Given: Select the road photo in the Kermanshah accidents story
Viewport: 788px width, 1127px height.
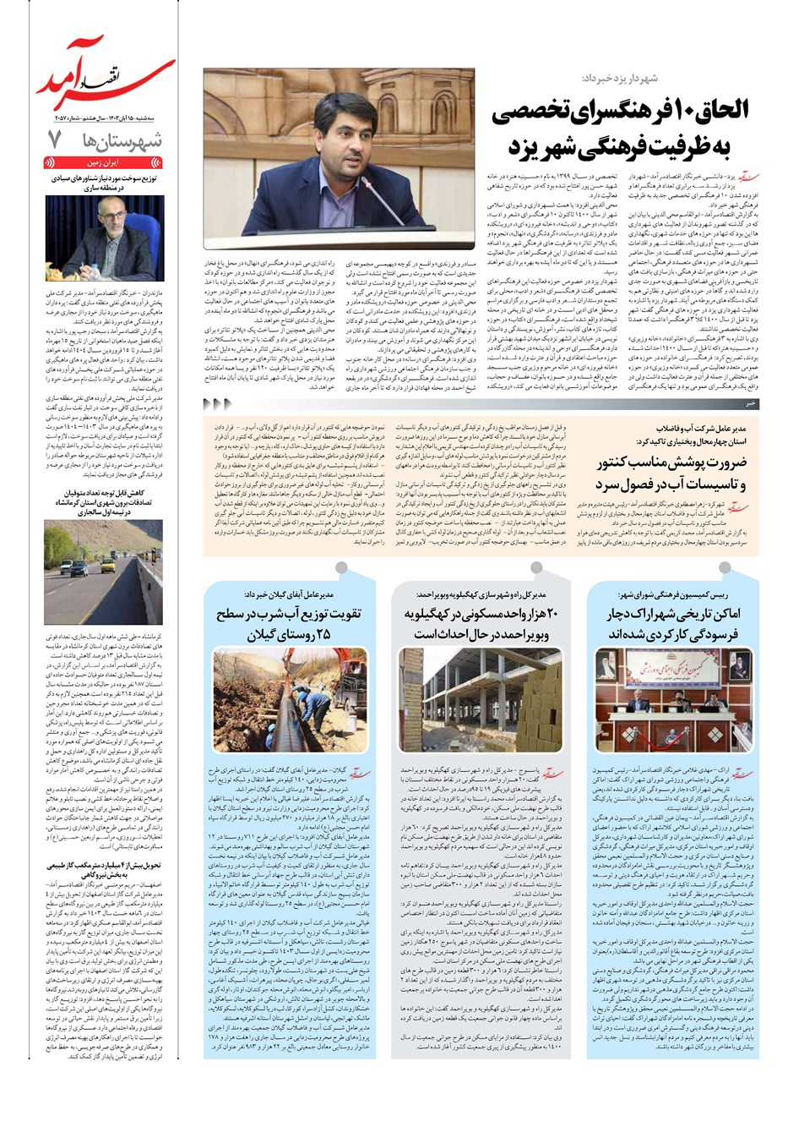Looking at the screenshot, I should click(x=104, y=572).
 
